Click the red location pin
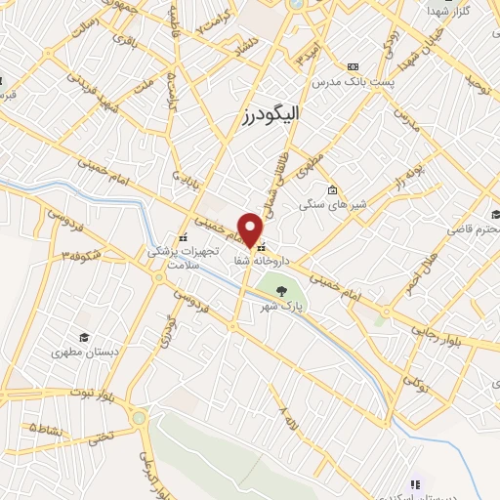[x=251, y=229]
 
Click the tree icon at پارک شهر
[x=282, y=290]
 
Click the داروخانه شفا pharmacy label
[x=259, y=263]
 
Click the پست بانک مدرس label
[x=354, y=82]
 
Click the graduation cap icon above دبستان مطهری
[x=85, y=335]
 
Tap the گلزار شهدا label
[x=450, y=10]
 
